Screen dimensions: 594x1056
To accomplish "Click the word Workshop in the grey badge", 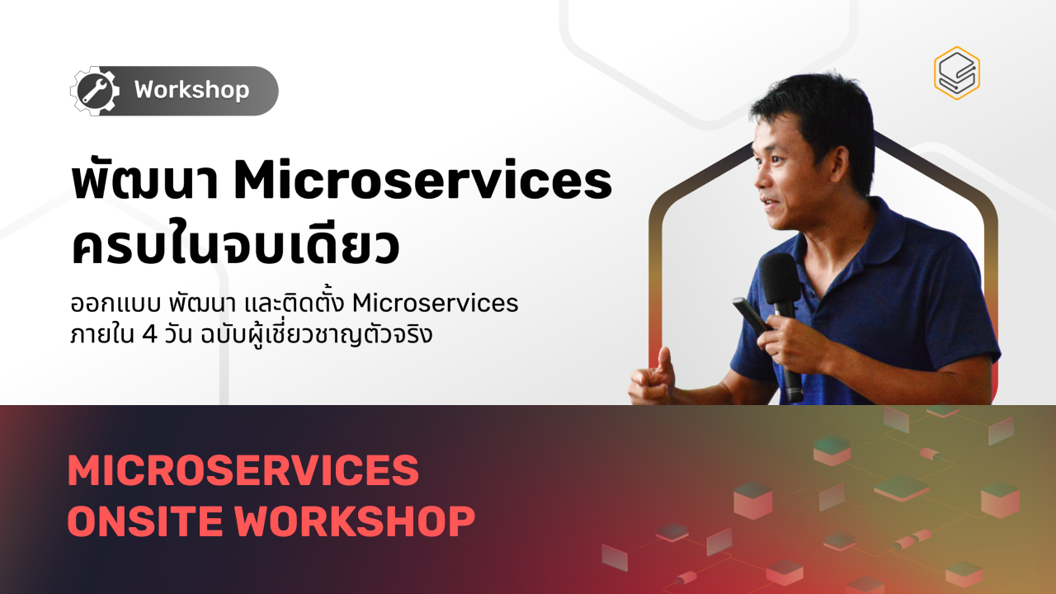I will (x=191, y=90).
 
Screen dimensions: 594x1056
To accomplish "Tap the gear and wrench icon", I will (x=93, y=90).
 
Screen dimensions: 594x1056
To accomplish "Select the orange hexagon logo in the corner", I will (x=956, y=73).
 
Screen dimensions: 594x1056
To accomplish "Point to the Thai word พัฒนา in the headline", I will (x=145, y=183).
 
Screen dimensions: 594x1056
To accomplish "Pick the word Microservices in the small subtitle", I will (x=435, y=304).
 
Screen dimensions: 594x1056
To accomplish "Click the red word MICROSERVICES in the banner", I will (x=243, y=471).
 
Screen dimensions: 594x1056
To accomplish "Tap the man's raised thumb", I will (x=663, y=361).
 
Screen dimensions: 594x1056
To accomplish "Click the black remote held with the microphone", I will (x=750, y=317).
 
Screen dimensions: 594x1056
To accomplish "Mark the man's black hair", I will (x=813, y=107).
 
